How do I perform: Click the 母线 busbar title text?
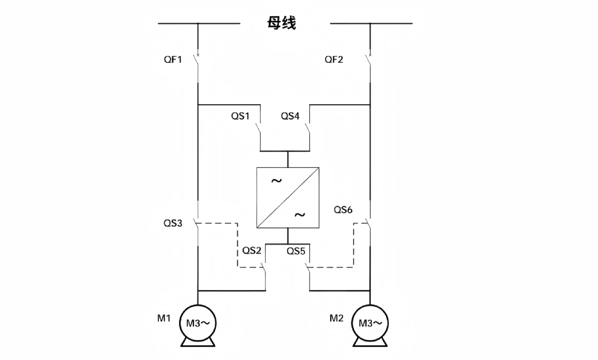[282, 23]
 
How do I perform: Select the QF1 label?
[173, 59]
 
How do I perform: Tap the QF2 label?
[334, 59]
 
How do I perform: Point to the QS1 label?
[240, 116]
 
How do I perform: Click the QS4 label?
[290, 116]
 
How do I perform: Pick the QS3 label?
[173, 223]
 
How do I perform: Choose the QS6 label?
[343, 210]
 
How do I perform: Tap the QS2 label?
[252, 251]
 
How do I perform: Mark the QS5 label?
[296, 251]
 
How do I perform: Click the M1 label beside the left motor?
[164, 318]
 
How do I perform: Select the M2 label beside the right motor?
[336, 318]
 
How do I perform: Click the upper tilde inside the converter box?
[277, 181]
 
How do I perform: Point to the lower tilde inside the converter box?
[300, 215]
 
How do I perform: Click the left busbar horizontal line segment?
[199, 23]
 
